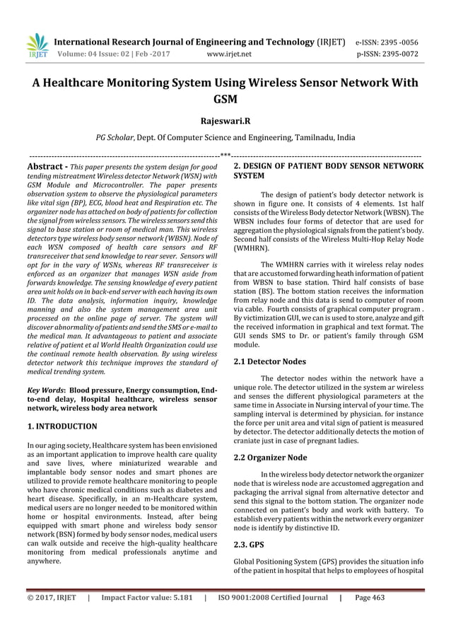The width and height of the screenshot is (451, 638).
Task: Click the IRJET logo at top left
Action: (36, 46)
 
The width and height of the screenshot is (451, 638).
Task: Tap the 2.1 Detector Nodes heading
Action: (269, 361)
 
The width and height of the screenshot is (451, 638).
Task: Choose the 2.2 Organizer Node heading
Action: (270, 458)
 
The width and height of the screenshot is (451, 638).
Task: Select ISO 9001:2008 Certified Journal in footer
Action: (271, 598)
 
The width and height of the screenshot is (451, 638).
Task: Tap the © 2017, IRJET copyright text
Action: (52, 598)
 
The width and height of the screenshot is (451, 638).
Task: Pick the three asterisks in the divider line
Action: (225, 155)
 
